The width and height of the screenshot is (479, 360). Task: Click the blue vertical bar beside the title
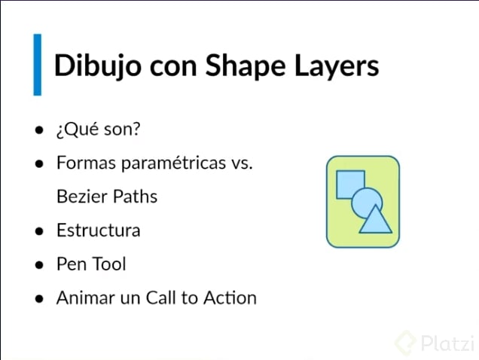click(x=37, y=65)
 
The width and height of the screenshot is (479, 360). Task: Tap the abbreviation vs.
click(x=243, y=164)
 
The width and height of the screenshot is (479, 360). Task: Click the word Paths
click(x=134, y=197)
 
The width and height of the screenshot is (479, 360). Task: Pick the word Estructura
click(x=98, y=230)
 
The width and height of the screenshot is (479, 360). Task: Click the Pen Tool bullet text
click(x=90, y=264)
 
